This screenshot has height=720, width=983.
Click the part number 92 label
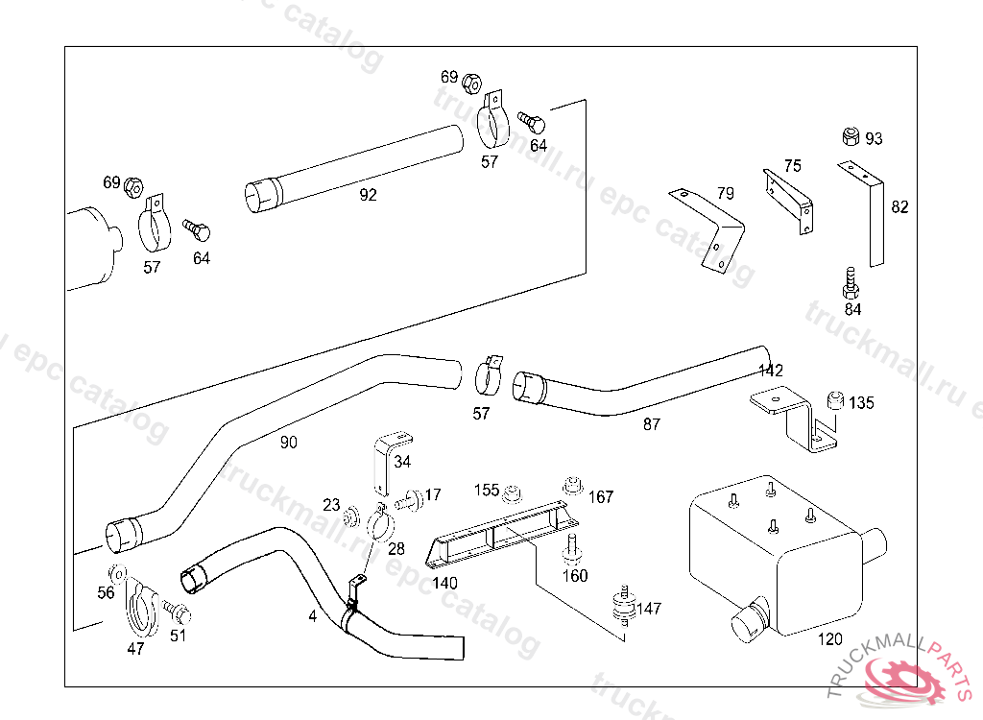coord(368,195)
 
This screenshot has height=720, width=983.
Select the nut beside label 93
coord(850,136)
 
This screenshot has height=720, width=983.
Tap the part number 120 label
coord(829,639)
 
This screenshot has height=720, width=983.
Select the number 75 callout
coord(792,166)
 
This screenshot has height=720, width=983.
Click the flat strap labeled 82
coord(874,216)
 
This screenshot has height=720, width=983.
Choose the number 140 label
coord(444,582)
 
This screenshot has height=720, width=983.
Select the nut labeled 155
coord(513,492)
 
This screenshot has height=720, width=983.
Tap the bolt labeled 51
coord(176,611)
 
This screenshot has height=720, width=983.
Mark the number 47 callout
coord(135,649)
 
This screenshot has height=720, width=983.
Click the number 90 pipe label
coord(288,443)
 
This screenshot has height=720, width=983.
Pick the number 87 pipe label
coord(651,423)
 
